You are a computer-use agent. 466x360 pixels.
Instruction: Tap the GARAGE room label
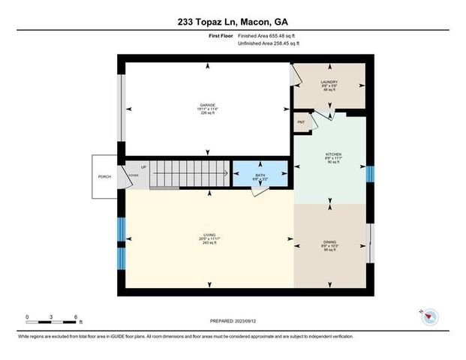pos(207,106)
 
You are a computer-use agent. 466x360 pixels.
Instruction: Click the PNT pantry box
pos(302,122)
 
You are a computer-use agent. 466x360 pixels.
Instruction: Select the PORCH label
pos(104,177)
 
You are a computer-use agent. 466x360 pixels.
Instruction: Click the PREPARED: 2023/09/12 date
pos(233,321)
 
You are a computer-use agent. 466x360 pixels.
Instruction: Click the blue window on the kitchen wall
pos(368,174)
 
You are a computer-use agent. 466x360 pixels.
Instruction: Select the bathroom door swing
pos(260,190)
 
